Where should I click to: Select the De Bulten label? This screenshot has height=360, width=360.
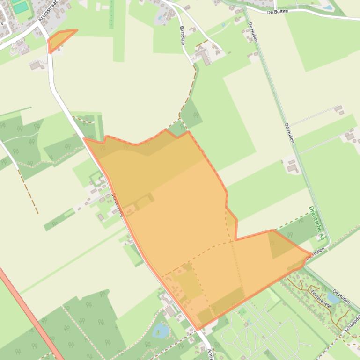278,11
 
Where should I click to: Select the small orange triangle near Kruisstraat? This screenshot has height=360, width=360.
59,40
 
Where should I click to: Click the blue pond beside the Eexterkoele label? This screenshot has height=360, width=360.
333,297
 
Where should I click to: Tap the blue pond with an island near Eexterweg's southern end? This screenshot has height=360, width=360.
160,330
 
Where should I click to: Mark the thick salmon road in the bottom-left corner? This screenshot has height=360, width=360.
28,313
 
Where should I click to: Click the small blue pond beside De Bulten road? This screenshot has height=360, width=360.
328,7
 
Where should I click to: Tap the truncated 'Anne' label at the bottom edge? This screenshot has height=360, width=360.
210,353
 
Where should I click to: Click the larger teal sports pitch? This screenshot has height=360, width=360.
20,7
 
